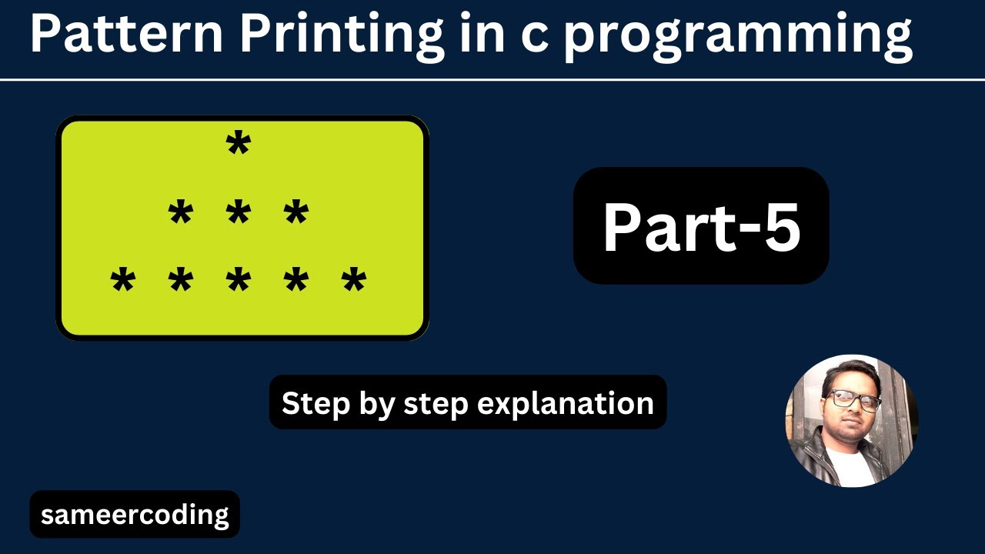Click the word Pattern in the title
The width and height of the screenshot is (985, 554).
click(x=125, y=35)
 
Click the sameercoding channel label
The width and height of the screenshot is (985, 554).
click(x=135, y=514)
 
